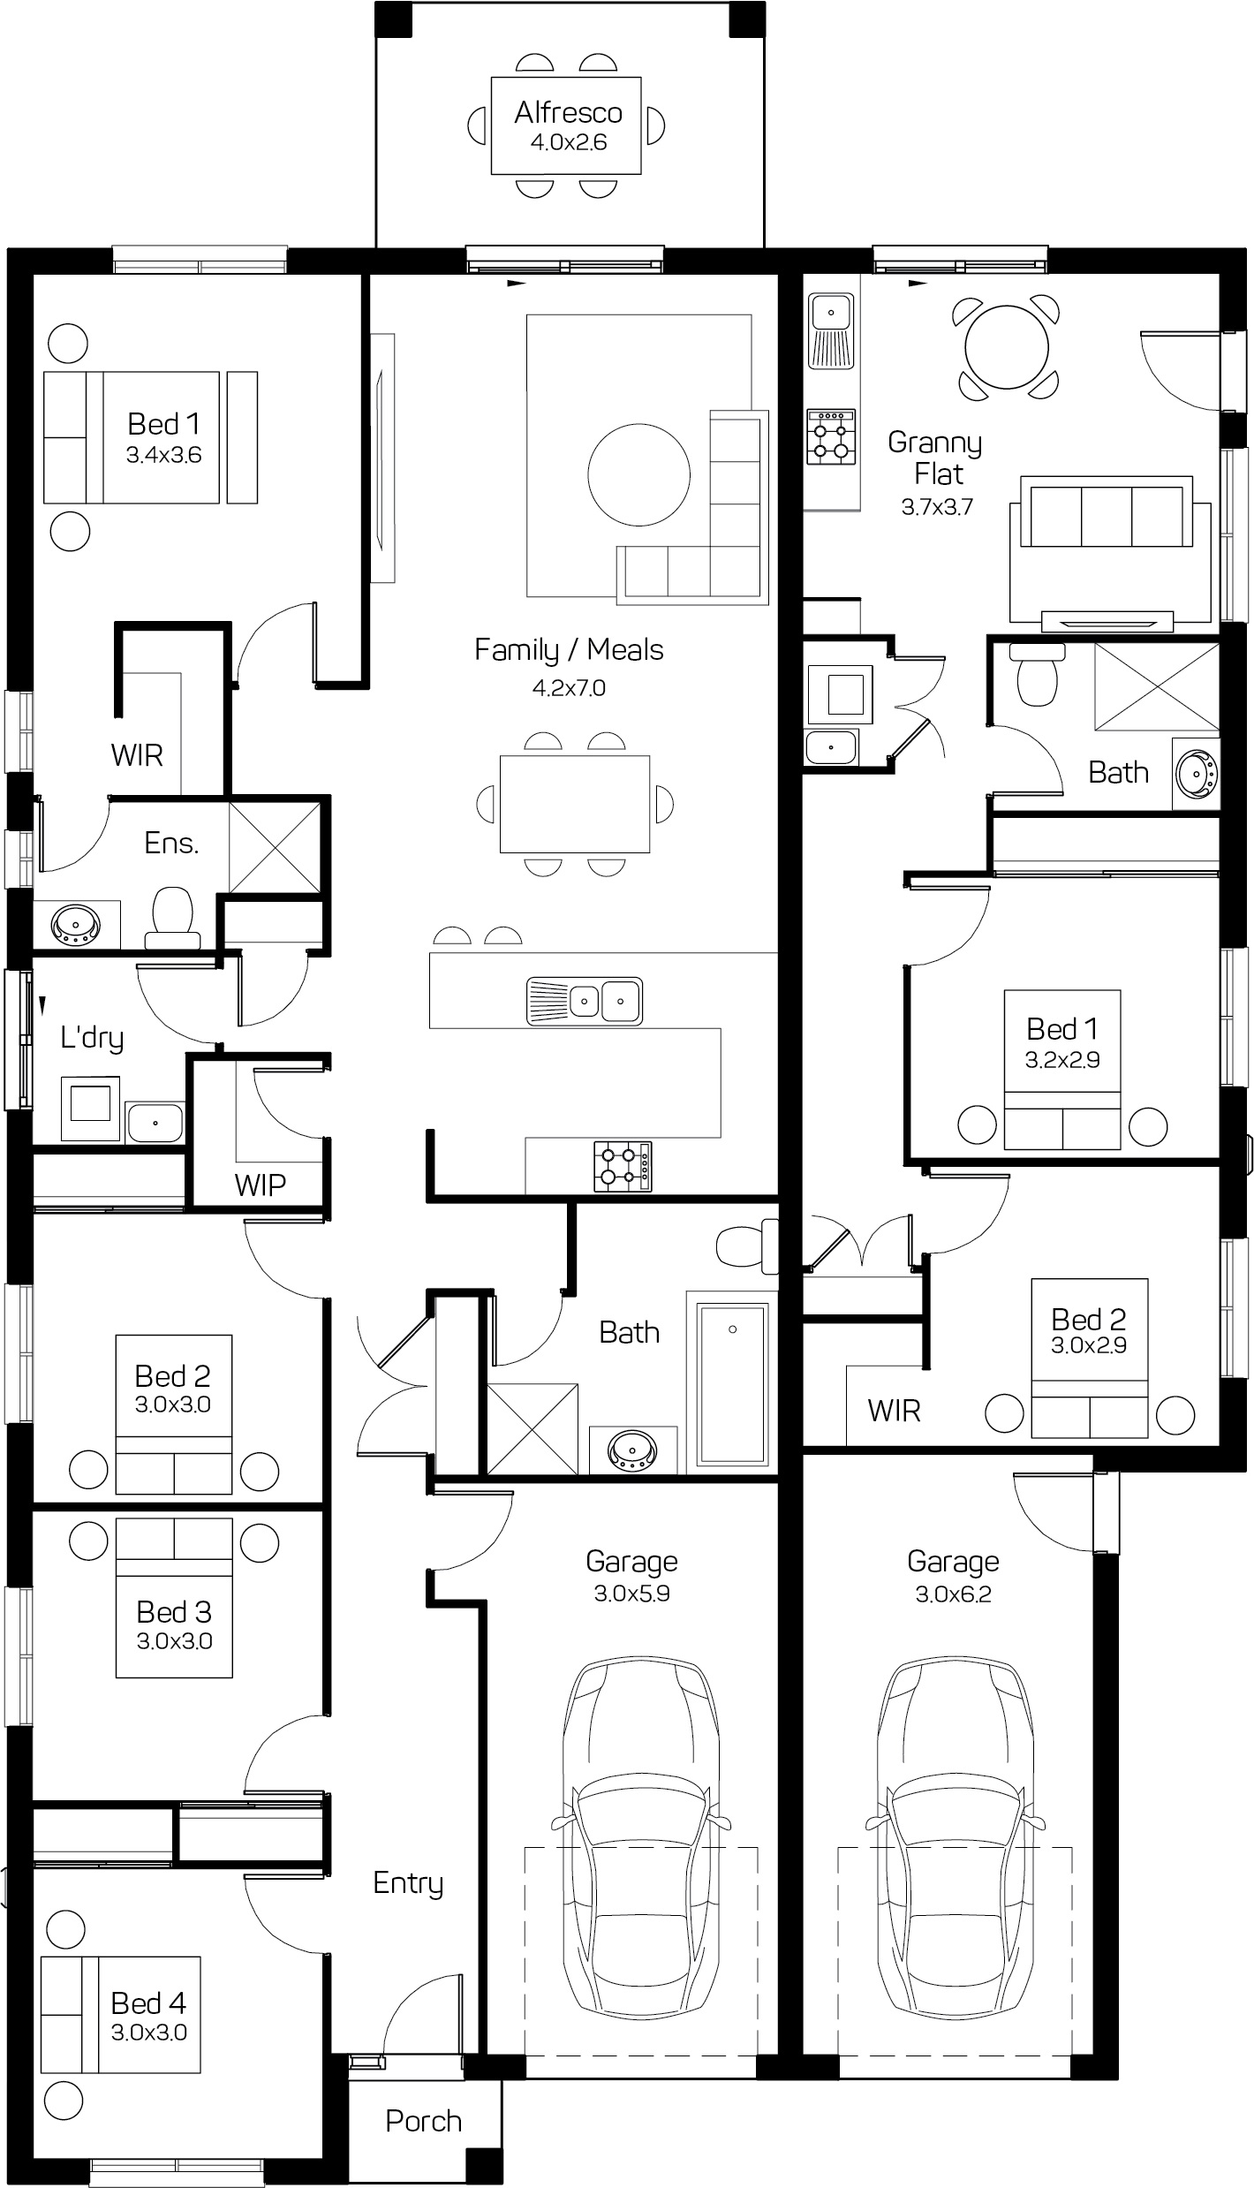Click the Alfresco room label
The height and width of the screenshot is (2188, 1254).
(x=568, y=112)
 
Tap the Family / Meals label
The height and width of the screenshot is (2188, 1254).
(x=569, y=650)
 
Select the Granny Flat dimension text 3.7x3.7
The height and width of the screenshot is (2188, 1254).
(x=937, y=507)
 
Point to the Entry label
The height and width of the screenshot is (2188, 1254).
(x=408, y=1882)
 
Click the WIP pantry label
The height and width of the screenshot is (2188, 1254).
(x=260, y=1184)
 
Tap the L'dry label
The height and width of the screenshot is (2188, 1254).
(x=92, y=1037)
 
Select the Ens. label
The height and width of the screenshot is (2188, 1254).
(x=171, y=843)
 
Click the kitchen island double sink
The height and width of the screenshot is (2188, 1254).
(x=585, y=1001)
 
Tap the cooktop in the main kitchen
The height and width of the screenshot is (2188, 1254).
(x=623, y=1164)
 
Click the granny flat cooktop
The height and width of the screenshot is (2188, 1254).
(x=831, y=436)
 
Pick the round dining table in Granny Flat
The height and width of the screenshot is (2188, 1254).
(x=1007, y=346)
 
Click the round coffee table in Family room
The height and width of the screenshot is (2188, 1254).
(x=639, y=474)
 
